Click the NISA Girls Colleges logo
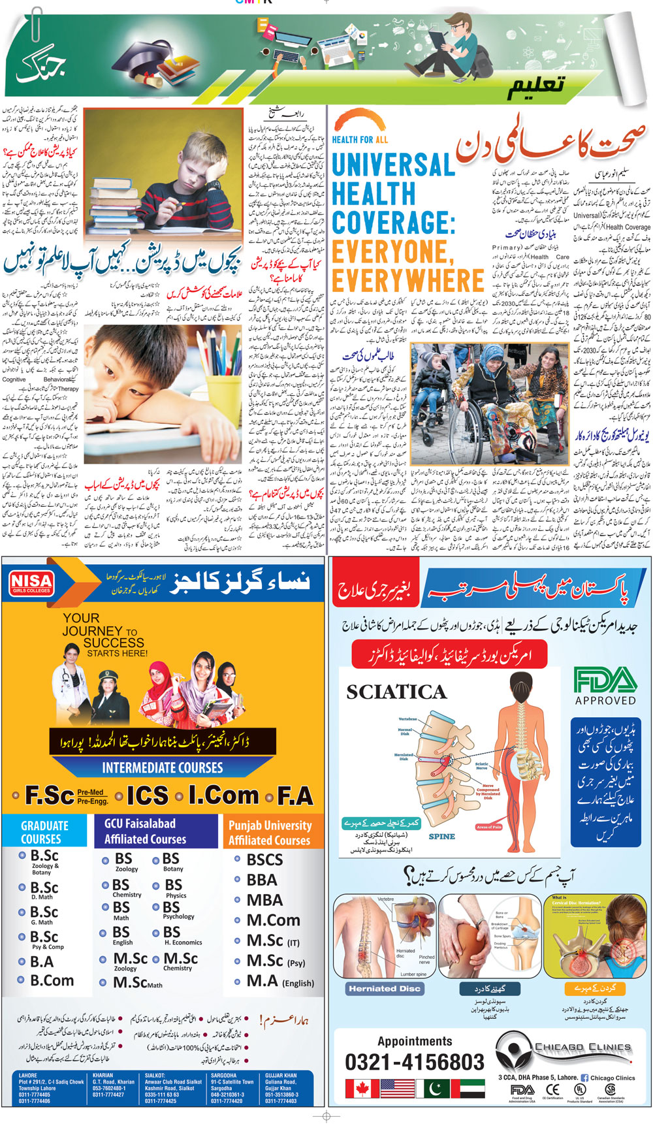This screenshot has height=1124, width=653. click(31, 583)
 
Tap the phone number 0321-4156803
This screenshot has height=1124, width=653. click(415, 1063)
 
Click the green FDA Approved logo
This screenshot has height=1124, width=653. click(605, 686)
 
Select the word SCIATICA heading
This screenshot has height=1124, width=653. click(396, 692)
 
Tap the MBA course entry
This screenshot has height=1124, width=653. click(264, 900)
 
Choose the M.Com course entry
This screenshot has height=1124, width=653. click(273, 920)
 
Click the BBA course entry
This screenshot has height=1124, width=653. click(262, 880)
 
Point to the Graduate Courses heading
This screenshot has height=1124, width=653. click(44, 832)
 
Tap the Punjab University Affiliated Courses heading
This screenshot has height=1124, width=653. click(270, 832)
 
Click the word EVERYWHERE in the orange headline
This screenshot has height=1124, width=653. click(408, 280)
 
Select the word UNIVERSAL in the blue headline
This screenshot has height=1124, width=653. click(393, 165)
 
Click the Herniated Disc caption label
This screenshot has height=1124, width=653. click(385, 989)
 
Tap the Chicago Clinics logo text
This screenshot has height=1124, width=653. click(582, 1047)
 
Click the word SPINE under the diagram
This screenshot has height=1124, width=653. click(441, 837)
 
